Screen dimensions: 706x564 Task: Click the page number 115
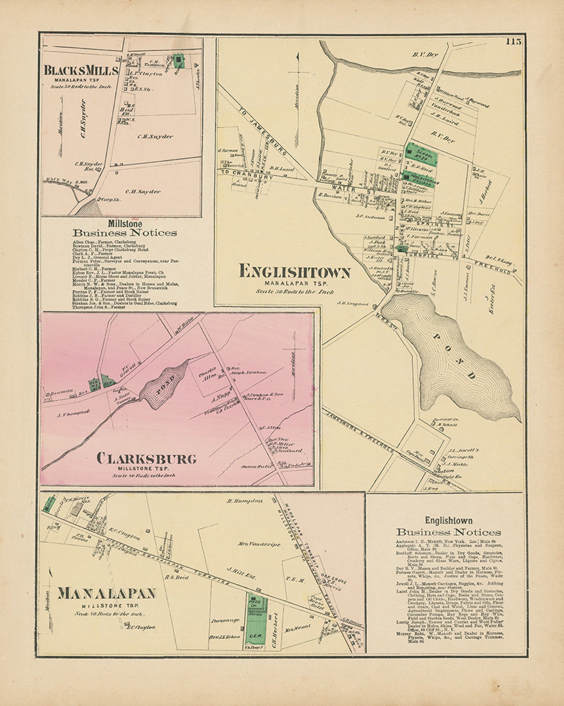point(514,42)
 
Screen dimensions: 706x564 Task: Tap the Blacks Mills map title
point(81,70)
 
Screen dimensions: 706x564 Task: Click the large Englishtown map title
point(295,272)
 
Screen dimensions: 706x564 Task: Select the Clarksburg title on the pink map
point(146,459)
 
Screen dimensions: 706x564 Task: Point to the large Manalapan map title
point(107,593)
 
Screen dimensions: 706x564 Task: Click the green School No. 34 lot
point(422,154)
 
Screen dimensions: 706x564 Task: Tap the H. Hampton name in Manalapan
point(245,501)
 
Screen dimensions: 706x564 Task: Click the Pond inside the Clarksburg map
point(163,386)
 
